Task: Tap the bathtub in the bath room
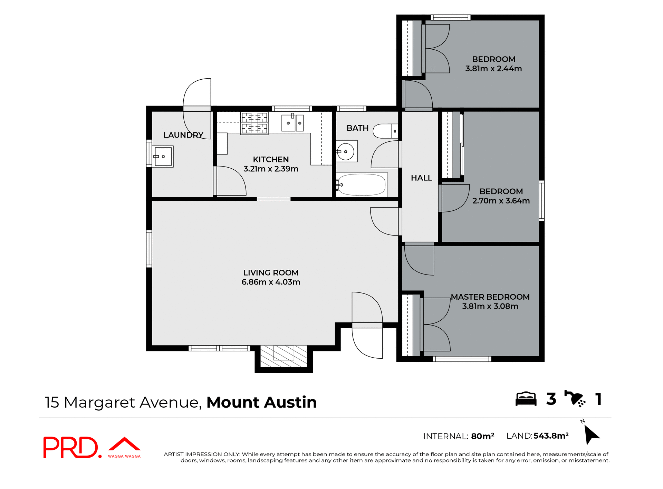(x=362, y=185)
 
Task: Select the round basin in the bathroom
(x=346, y=152)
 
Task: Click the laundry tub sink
(x=163, y=157)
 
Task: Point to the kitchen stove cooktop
(x=254, y=123)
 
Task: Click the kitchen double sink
(x=292, y=123)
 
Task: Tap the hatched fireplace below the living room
(x=284, y=356)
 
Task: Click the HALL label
(x=421, y=178)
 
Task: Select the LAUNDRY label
(x=183, y=135)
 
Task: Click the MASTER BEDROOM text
(x=490, y=297)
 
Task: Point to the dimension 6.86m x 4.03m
(x=271, y=282)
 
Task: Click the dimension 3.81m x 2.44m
(x=493, y=69)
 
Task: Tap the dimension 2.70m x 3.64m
(x=501, y=201)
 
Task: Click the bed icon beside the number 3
(x=526, y=399)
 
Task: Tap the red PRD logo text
(x=71, y=448)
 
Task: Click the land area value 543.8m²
(x=551, y=436)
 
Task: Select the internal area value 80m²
(x=482, y=436)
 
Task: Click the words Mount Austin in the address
(x=261, y=402)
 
